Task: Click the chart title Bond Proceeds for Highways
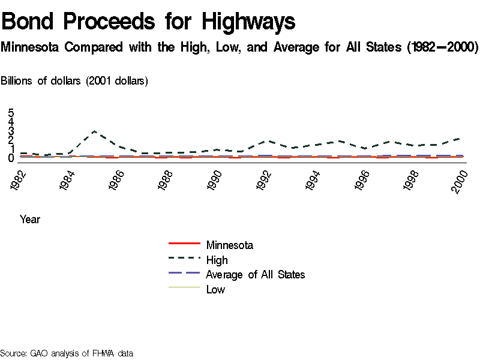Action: tap(149, 22)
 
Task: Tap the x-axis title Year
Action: tap(30, 220)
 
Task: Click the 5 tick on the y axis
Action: tap(11, 113)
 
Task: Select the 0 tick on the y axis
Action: tap(11, 158)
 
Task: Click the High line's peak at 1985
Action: tap(94, 131)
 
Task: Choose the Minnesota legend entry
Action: tap(229, 245)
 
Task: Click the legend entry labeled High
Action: tap(217, 260)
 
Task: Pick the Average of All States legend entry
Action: tap(255, 275)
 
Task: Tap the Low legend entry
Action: tap(215, 290)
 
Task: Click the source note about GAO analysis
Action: tap(67, 353)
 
